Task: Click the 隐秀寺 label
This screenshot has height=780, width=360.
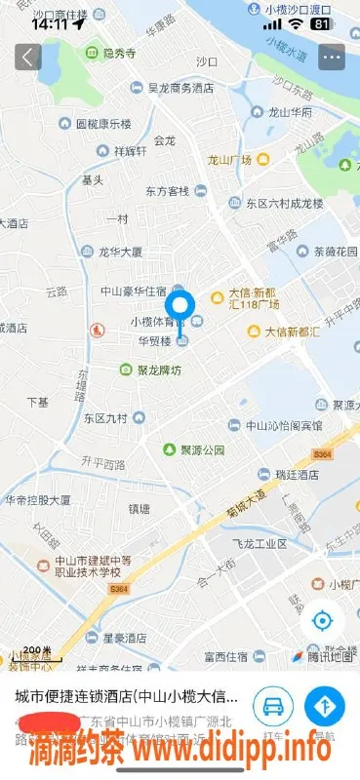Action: [113, 55]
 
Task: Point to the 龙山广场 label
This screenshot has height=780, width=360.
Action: [229, 159]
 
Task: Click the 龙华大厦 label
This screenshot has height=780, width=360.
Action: [120, 252]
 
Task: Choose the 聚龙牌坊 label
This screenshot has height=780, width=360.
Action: [157, 370]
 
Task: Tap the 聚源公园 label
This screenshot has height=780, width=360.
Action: [203, 450]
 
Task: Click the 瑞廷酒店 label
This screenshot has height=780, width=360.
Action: [296, 474]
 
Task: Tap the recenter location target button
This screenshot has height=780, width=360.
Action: [322, 620]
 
